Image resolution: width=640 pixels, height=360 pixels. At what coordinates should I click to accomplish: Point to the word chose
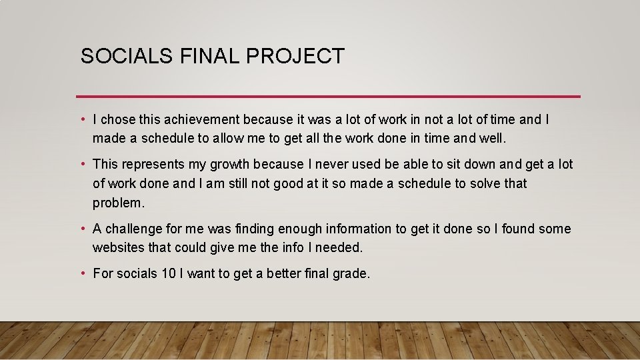tap(117, 120)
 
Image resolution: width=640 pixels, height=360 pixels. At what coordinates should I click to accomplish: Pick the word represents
tap(154, 164)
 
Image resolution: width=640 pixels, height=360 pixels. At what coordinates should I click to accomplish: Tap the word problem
tap(117, 203)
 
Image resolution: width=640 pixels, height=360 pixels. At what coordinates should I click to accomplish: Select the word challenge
tap(133, 229)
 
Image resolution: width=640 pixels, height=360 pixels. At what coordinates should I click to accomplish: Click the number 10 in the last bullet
tap(169, 273)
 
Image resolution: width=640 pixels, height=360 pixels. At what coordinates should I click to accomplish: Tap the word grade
tap(351, 273)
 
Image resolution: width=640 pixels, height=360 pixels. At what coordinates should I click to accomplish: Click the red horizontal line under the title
tap(328, 97)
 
